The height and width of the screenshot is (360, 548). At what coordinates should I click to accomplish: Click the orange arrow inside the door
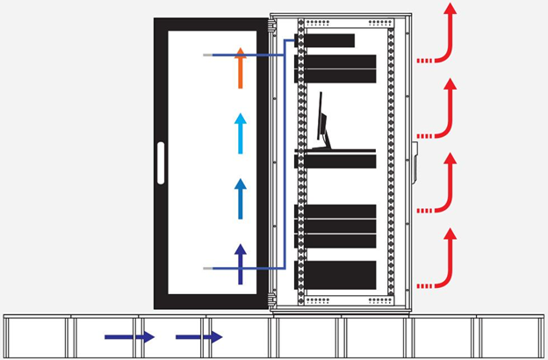click(241, 69)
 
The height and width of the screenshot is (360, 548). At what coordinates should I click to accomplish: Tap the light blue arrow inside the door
click(241, 133)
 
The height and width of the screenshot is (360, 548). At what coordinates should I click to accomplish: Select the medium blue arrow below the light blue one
click(241, 198)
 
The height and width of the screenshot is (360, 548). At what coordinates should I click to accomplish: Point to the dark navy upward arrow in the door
click(241, 263)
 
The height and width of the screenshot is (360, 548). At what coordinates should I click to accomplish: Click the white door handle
click(160, 163)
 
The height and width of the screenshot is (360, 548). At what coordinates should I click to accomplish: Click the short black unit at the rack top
click(330, 40)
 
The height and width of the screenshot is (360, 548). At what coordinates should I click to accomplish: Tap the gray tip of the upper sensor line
click(207, 55)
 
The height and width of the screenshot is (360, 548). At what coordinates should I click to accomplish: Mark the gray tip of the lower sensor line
click(207, 268)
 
